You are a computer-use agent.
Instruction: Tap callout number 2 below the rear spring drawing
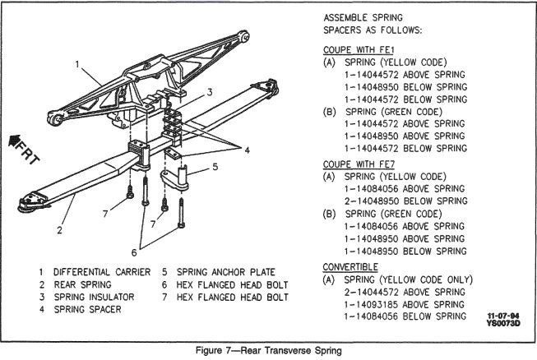tap(60, 231)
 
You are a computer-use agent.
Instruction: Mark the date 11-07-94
tap(504, 315)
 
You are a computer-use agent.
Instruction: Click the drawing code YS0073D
tap(504, 323)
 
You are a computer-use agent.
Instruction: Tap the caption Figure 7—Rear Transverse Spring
tap(268, 348)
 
